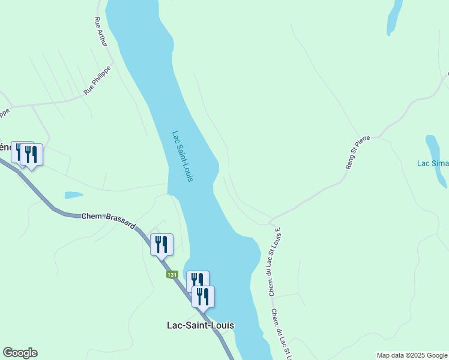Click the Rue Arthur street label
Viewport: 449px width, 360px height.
(100, 31)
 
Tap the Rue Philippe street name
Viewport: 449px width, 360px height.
(98, 82)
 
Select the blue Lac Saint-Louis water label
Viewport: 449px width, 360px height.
(182, 157)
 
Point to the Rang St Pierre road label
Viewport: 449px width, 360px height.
(358, 152)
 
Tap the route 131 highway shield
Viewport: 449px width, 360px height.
(172, 274)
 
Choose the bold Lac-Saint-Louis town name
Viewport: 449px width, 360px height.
(200, 325)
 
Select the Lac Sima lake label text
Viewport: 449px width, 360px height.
(432, 163)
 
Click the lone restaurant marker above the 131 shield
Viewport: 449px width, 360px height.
(161, 244)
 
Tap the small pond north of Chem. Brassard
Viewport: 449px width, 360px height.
(73, 195)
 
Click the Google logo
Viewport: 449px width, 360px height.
(20, 353)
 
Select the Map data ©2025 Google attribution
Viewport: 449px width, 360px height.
(412, 355)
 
